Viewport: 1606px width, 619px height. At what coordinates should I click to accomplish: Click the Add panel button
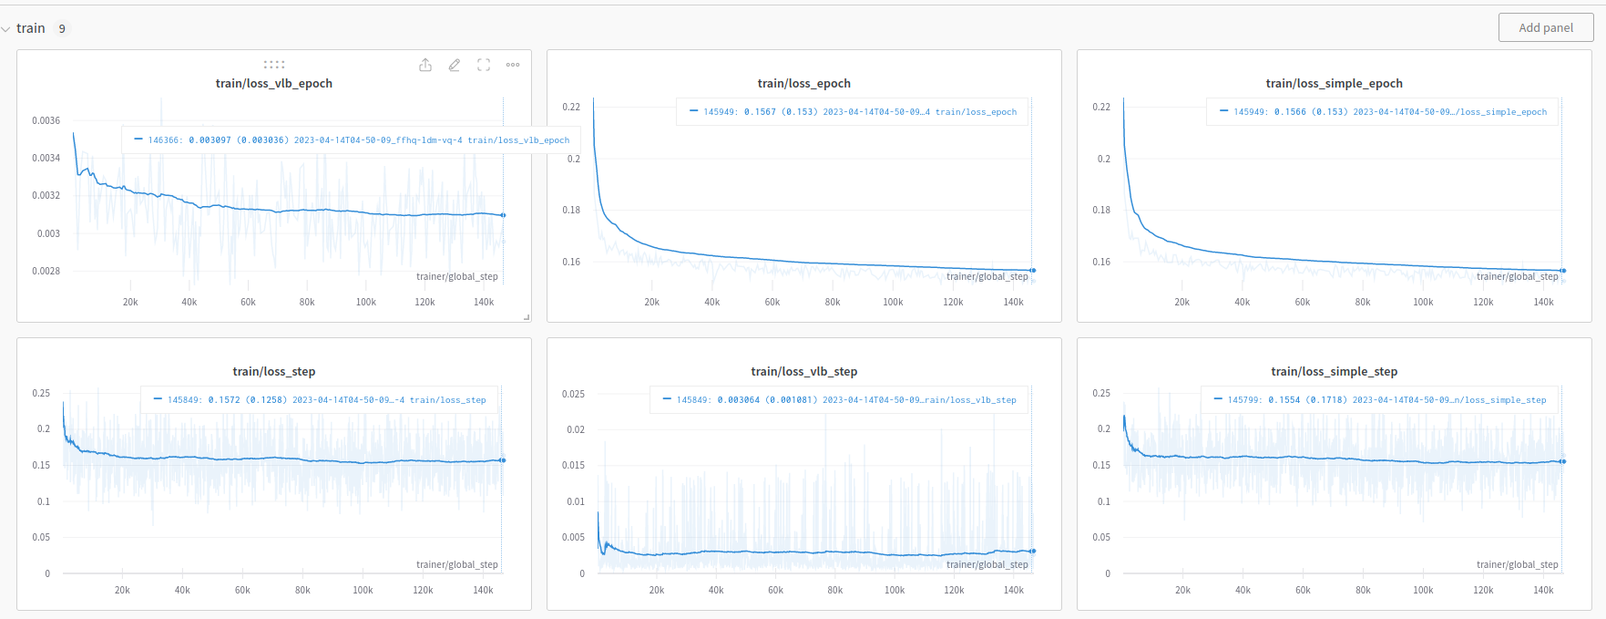pos(1545,27)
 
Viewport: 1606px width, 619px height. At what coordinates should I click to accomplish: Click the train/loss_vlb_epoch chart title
pos(273,83)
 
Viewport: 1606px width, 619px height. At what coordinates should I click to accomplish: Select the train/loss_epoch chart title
pos(803,83)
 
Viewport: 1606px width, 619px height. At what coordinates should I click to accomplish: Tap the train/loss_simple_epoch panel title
pos(1334,83)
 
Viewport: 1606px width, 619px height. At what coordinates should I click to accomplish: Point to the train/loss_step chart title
pos(273,371)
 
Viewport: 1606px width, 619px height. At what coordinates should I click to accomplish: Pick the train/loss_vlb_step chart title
pos(803,371)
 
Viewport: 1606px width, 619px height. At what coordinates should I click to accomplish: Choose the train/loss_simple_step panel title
pos(1334,371)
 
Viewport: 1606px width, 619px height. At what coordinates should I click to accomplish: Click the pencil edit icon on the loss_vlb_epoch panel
pos(455,65)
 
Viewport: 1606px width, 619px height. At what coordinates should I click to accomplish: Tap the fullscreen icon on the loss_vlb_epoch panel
pos(484,65)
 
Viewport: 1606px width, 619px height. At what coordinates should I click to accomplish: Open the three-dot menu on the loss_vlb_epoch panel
pos(513,65)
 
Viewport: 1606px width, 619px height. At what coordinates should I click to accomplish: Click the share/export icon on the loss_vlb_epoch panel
pos(425,65)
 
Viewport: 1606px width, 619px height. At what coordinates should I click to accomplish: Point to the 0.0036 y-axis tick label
pos(46,120)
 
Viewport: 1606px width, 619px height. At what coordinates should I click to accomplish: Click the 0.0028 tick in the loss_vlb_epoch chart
pos(46,271)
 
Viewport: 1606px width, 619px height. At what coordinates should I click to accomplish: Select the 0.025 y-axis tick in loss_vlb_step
pos(573,394)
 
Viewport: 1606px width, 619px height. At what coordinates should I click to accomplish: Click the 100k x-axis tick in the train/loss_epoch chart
pos(893,302)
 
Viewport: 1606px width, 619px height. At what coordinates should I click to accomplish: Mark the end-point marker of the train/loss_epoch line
pos(1032,271)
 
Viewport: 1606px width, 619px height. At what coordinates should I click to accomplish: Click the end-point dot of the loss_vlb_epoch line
pos(503,215)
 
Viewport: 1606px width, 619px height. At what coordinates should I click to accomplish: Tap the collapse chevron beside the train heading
pos(6,29)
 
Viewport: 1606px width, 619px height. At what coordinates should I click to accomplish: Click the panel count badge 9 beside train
pos(62,28)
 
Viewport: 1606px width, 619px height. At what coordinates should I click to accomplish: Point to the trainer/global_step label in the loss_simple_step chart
pos(1517,564)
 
